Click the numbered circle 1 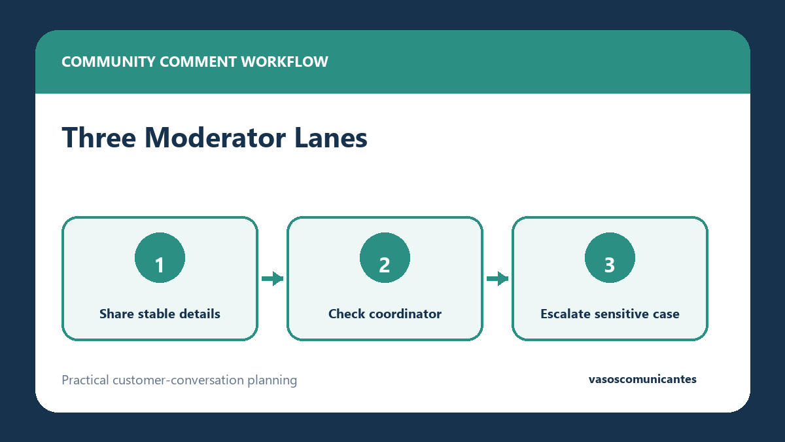[x=160, y=257]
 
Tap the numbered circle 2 [x=385, y=257]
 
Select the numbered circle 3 [x=610, y=257]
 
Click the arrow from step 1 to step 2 [x=272, y=278]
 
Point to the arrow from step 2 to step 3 [x=497, y=278]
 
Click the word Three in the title [x=99, y=138]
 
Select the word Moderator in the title [x=215, y=138]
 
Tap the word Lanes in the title [x=331, y=138]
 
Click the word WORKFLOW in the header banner [x=285, y=62]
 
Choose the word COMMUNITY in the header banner [x=109, y=62]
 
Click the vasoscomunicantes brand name [x=642, y=379]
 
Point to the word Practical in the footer [x=85, y=380]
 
